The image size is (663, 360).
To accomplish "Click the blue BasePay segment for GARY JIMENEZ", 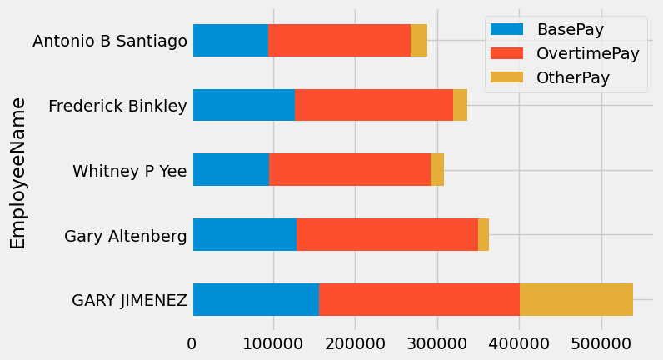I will tap(256, 299).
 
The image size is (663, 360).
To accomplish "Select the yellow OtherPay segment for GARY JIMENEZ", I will tap(576, 299).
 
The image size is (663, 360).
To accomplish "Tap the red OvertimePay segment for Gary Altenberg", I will tap(387, 234).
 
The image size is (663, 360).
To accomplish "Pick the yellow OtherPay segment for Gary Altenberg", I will tap(483, 234).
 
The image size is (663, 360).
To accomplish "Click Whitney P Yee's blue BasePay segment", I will tap(231, 169).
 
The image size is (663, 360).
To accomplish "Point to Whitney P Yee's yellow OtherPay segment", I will tap(437, 169).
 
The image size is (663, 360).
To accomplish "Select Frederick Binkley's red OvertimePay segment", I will tap(374, 105).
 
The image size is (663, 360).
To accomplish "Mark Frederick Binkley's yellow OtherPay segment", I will tap(460, 105).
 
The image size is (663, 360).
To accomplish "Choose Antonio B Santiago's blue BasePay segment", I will tap(230, 40).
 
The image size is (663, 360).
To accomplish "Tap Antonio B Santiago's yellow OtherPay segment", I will tap(419, 40).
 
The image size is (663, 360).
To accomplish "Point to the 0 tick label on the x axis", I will tap(192, 343).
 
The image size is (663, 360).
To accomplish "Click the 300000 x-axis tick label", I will tap(437, 343).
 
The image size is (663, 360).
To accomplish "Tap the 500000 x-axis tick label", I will tap(601, 343).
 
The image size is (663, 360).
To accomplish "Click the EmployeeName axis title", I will tap(18, 173).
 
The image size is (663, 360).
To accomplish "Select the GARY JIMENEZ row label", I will tap(129, 300).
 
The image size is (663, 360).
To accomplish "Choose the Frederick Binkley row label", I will tap(117, 106).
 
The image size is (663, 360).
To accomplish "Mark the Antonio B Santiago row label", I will tap(109, 41).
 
